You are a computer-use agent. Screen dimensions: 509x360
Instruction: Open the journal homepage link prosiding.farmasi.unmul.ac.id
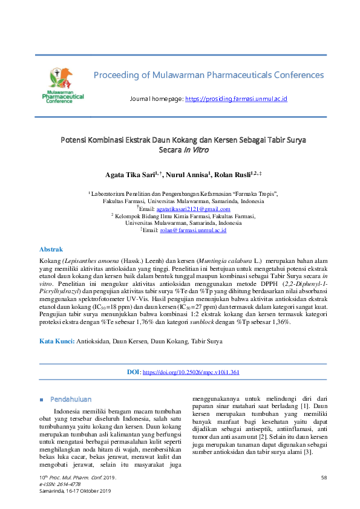pyautogui.click(x=235, y=99)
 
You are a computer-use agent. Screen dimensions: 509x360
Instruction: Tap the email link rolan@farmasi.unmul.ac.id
pyautogui.click(x=192, y=230)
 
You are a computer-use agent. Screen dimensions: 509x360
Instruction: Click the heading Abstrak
pyautogui.click(x=51, y=249)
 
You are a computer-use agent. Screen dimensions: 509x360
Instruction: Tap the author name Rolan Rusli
pyautogui.click(x=237, y=175)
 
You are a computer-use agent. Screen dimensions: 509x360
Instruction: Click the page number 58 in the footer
pyautogui.click(x=324, y=478)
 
